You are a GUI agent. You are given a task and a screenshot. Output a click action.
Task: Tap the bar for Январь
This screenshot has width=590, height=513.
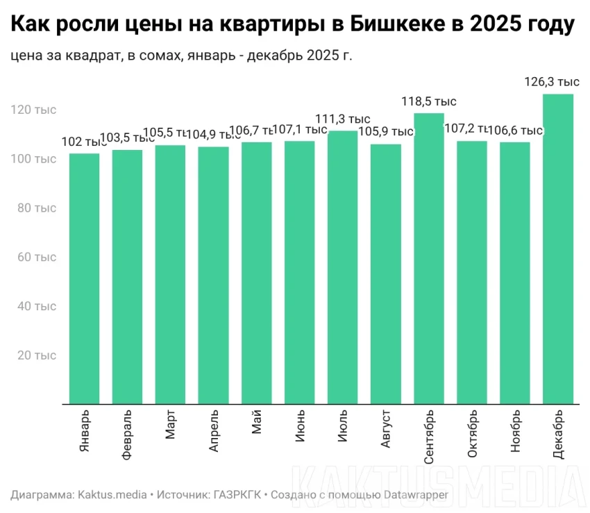(x=84, y=278)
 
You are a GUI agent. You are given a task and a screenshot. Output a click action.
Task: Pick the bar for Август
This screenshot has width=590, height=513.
(x=385, y=274)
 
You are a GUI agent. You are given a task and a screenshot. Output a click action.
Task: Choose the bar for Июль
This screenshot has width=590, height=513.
(x=342, y=267)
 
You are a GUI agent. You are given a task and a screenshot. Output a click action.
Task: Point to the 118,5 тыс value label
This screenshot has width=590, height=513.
(x=428, y=102)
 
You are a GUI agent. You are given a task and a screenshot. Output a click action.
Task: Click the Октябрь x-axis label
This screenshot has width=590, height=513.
(x=472, y=435)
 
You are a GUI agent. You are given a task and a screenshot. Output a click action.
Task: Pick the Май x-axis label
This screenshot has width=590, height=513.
(x=256, y=422)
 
